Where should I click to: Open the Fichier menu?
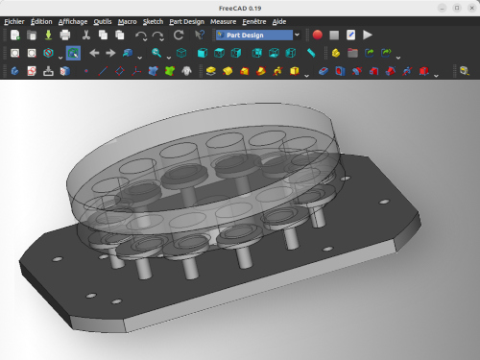[14, 22]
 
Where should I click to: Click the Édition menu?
[41, 22]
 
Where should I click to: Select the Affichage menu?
[73, 22]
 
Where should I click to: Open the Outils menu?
[103, 22]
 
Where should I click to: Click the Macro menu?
[127, 22]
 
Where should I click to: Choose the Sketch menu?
[153, 22]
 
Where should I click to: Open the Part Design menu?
[186, 22]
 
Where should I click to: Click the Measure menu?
[223, 22]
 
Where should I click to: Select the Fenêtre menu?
[254, 22]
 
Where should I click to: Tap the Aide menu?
[279, 22]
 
